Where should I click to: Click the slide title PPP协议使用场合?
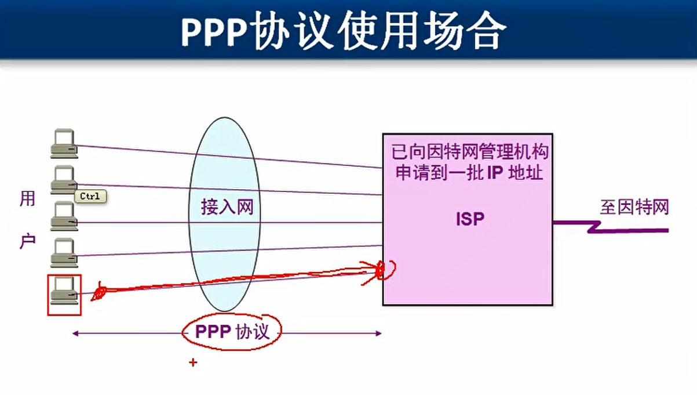pyautogui.click(x=344, y=30)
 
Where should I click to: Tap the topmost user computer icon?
pyautogui.click(x=64, y=144)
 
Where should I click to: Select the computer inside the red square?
pyautogui.click(x=64, y=291)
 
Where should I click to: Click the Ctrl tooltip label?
pyautogui.click(x=90, y=196)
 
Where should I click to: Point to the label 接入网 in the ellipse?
pyautogui.click(x=227, y=207)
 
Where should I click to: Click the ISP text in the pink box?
pyautogui.click(x=470, y=219)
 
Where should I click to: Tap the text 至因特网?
pyautogui.click(x=634, y=207)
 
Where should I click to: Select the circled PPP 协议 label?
pyautogui.click(x=232, y=331)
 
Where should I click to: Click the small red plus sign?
pyautogui.click(x=193, y=363)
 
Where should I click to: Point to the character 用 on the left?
pyautogui.click(x=27, y=199)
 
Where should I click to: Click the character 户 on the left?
pyautogui.click(x=27, y=241)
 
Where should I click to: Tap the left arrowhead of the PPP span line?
pyautogui.click(x=75, y=334)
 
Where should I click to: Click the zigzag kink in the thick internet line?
pyautogui.click(x=594, y=227)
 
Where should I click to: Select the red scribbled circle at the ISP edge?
pyautogui.click(x=385, y=270)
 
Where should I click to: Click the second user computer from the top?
pyautogui.click(x=64, y=180)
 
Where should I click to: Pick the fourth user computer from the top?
pyautogui.click(x=64, y=253)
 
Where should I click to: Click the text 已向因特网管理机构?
pyautogui.click(x=470, y=152)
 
